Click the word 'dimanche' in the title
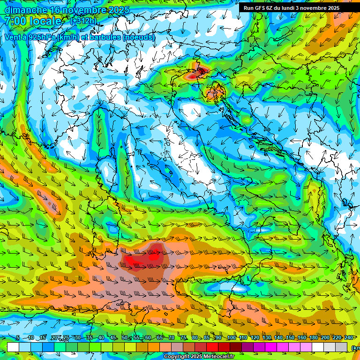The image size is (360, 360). [26, 9]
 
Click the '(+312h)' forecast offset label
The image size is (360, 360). [83, 21]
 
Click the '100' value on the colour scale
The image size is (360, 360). [232, 338]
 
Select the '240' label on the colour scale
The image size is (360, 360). [349, 338]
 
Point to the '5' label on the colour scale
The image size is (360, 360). [18, 338]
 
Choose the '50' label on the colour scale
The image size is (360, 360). [124, 338]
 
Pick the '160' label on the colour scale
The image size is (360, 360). [302, 338]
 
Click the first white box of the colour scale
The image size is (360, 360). [13, 347]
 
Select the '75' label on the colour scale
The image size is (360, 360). [183, 338]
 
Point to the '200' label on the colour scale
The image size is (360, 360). [325, 338]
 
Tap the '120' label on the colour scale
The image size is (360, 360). [255, 338]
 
